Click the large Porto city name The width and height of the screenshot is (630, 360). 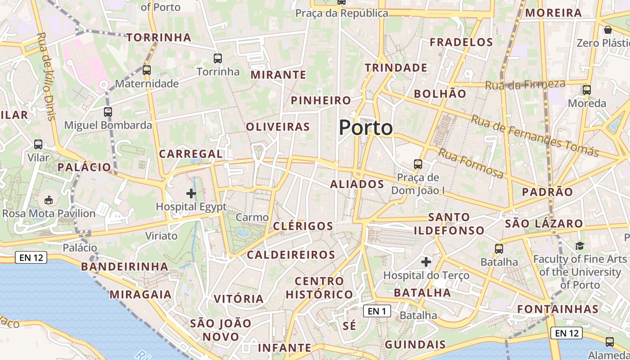(x=366, y=128)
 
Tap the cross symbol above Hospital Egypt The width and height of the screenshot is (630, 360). (x=191, y=194)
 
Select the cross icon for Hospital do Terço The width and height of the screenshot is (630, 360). (x=426, y=261)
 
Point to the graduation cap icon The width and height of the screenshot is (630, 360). (x=580, y=246)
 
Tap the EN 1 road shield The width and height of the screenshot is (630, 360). (x=377, y=311)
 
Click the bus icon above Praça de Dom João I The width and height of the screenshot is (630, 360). (x=418, y=164)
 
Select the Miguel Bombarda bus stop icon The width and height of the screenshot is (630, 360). (x=108, y=112)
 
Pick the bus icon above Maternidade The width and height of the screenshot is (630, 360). (x=147, y=70)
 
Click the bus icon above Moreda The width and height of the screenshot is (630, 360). (x=587, y=90)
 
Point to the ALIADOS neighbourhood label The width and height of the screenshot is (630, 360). (x=357, y=184)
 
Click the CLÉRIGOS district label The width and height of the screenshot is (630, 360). (x=303, y=226)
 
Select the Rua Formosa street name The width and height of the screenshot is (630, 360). (x=471, y=163)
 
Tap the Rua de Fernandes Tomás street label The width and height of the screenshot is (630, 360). (x=535, y=135)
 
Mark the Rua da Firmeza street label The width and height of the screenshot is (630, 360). (x=525, y=84)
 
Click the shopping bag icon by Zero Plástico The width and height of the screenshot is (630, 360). (x=608, y=30)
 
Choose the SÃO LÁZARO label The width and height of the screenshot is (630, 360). (x=544, y=224)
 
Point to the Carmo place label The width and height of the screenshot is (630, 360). (x=252, y=217)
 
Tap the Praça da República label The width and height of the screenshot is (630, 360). (x=342, y=13)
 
